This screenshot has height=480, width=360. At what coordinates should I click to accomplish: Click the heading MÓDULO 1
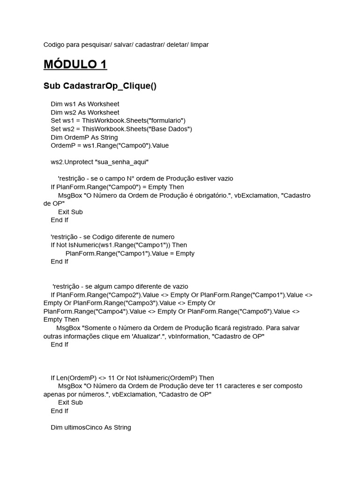75,64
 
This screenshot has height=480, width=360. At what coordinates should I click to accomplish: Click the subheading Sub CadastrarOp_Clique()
100,86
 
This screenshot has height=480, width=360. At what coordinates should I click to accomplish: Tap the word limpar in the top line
199,45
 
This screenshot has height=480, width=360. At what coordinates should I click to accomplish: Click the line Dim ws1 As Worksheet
85,104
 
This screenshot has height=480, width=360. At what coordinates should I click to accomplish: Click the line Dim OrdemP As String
84,137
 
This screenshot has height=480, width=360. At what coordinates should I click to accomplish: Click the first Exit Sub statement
70,212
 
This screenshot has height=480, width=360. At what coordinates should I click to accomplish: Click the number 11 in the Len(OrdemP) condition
112,378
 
